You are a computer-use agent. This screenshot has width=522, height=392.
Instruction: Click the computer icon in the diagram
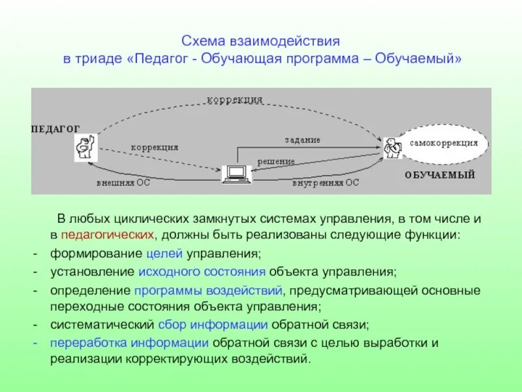click(236, 174)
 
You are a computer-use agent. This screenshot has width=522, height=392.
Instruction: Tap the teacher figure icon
click(85, 146)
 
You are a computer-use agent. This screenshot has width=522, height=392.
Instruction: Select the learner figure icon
click(392, 147)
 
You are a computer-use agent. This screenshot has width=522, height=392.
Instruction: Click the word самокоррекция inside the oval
click(444, 142)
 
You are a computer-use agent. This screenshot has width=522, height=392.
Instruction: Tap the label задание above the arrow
click(302, 140)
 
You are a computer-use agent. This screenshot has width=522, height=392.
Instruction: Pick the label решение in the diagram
click(275, 161)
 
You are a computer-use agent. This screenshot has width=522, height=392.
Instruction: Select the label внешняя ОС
click(123, 183)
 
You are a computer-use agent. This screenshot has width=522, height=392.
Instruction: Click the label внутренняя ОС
click(325, 183)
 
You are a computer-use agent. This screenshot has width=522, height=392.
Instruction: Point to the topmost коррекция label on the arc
click(235, 100)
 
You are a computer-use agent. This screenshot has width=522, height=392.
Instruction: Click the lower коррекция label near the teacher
click(155, 148)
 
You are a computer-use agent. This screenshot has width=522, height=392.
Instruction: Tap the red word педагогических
click(108, 235)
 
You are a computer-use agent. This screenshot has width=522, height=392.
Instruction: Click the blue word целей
click(160, 253)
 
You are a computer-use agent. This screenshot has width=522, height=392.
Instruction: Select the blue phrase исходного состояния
click(202, 270)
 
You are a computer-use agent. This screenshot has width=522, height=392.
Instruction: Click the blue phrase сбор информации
click(213, 324)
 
